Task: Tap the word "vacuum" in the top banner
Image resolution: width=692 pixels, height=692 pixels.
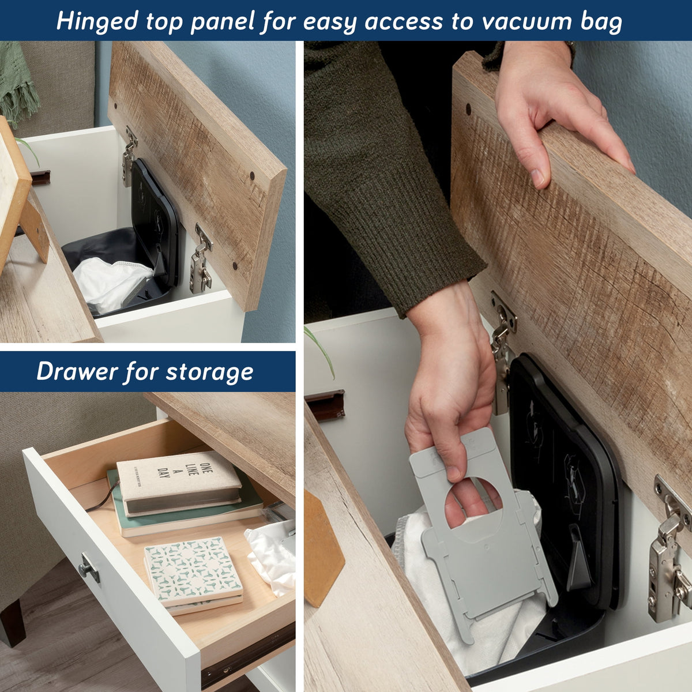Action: (526, 21)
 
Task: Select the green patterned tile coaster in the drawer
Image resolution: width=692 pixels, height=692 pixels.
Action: (193, 569)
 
